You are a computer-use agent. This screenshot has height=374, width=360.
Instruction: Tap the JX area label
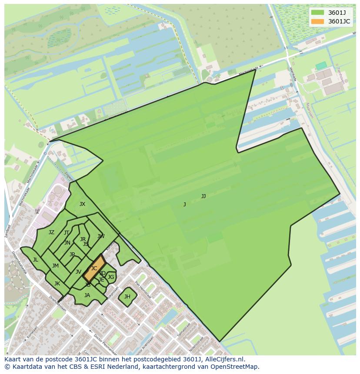82,204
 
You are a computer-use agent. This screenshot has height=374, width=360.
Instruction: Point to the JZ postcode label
51,232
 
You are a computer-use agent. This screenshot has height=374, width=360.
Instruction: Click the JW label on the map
101,236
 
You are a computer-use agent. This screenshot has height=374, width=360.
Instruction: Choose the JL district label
35,260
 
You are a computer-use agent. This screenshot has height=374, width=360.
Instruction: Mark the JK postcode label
57,284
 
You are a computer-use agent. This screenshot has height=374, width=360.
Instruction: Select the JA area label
87,295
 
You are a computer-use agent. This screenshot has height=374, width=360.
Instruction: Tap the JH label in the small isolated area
127,297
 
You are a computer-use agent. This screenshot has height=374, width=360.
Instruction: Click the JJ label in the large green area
203,196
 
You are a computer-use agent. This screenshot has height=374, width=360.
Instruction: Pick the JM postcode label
55,266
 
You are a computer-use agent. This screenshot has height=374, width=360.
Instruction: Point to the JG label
111,277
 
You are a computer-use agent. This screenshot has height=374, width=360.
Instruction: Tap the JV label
78,272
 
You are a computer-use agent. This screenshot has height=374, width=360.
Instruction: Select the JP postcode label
72,255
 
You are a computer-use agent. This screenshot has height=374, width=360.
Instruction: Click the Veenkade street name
293,74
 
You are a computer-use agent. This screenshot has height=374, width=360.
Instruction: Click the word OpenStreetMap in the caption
237,367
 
